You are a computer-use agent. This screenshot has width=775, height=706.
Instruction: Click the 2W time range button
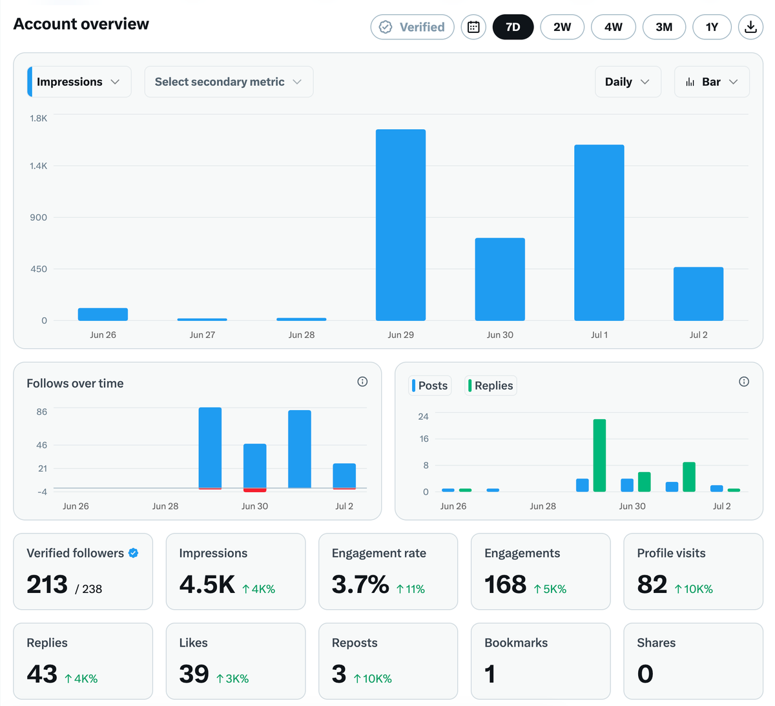click(562, 27)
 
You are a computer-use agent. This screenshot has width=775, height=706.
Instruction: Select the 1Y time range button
click(711, 27)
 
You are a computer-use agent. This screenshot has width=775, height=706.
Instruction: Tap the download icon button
click(750, 27)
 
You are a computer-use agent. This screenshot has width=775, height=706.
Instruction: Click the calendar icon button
click(473, 27)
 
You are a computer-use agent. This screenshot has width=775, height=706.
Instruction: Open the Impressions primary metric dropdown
click(79, 81)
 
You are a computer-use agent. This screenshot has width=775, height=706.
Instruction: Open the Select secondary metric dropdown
click(229, 81)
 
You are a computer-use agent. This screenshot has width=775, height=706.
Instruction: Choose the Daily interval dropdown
click(628, 81)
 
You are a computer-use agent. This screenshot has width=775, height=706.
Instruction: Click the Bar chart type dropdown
click(712, 81)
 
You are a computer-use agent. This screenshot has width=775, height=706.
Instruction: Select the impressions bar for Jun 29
click(400, 225)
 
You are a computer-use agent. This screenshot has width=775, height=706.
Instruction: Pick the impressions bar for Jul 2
click(698, 294)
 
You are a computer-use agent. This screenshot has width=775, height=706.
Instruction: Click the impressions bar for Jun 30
click(500, 279)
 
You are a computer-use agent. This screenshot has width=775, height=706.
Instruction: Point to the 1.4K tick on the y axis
click(38, 166)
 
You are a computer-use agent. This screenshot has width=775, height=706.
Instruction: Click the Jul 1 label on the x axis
click(599, 335)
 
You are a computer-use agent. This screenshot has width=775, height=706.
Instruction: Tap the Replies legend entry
click(491, 385)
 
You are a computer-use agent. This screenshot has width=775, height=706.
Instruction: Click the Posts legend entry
click(429, 385)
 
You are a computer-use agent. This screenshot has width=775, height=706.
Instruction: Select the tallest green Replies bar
click(599, 455)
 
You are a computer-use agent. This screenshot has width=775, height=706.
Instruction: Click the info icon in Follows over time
click(362, 382)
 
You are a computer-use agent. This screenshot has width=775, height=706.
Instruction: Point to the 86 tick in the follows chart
click(42, 411)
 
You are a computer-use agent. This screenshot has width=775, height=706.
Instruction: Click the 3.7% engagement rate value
click(360, 584)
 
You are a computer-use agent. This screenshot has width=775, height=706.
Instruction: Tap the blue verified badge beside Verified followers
click(133, 553)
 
